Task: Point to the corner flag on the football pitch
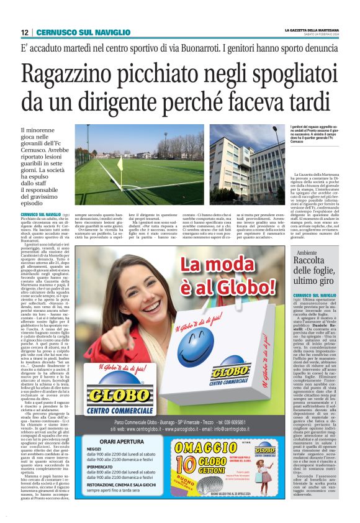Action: (x=120, y=166)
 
